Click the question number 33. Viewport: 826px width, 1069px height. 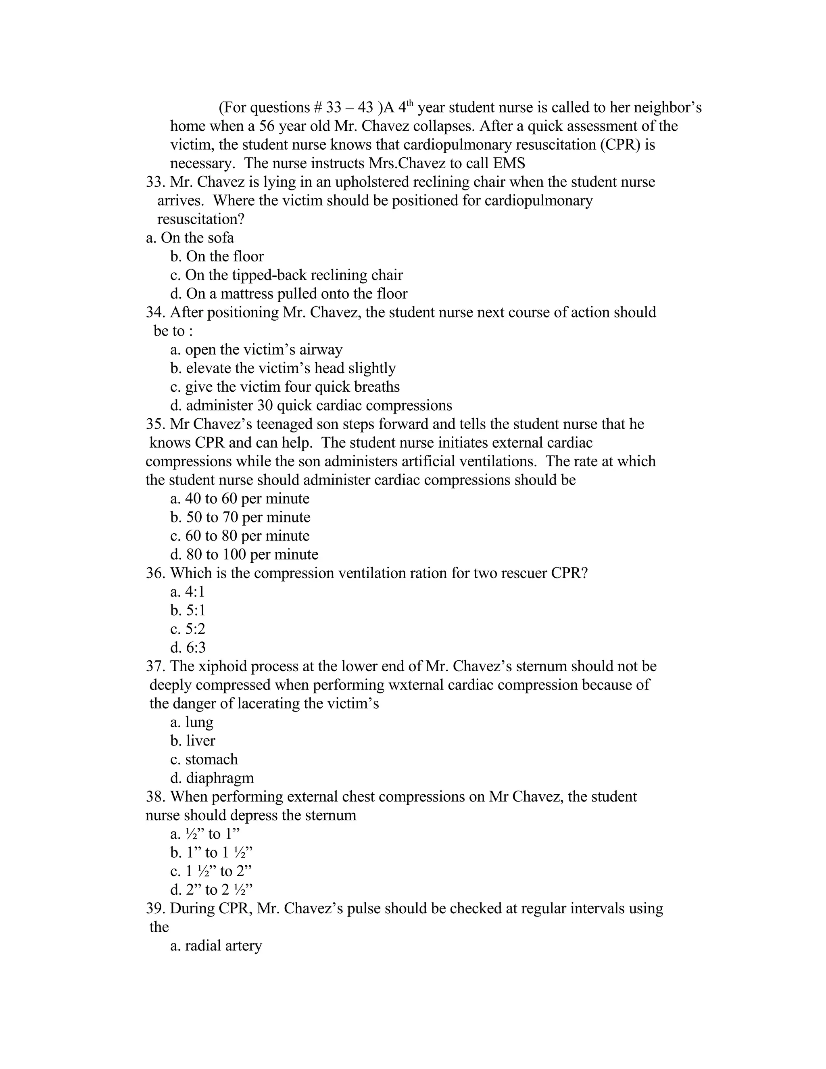[155, 182]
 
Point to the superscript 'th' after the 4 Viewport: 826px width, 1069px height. [410, 103]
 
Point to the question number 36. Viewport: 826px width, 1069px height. [155, 573]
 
